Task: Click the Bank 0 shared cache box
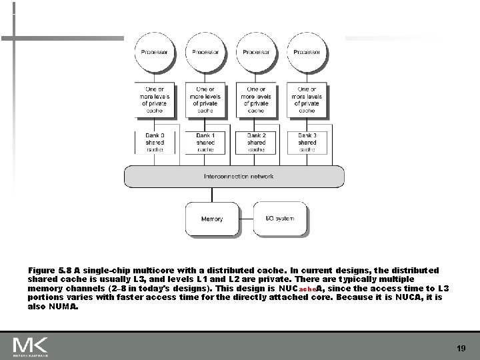pyautogui.click(x=155, y=141)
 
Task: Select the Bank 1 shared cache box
pyautogui.click(x=205, y=141)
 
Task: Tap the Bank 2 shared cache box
pyautogui.click(x=256, y=141)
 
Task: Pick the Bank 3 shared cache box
pyautogui.click(x=307, y=141)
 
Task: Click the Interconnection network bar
pyautogui.click(x=234, y=177)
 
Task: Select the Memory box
pyautogui.click(x=212, y=219)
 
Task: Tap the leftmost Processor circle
pyautogui.click(x=155, y=53)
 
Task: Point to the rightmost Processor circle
pyautogui.click(x=307, y=53)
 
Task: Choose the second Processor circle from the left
pyautogui.click(x=205, y=53)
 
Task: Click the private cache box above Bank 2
pyautogui.click(x=256, y=100)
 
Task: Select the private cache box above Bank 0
pyautogui.click(x=155, y=100)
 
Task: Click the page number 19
pyautogui.click(x=461, y=347)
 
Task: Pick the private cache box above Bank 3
pyautogui.click(x=307, y=100)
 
